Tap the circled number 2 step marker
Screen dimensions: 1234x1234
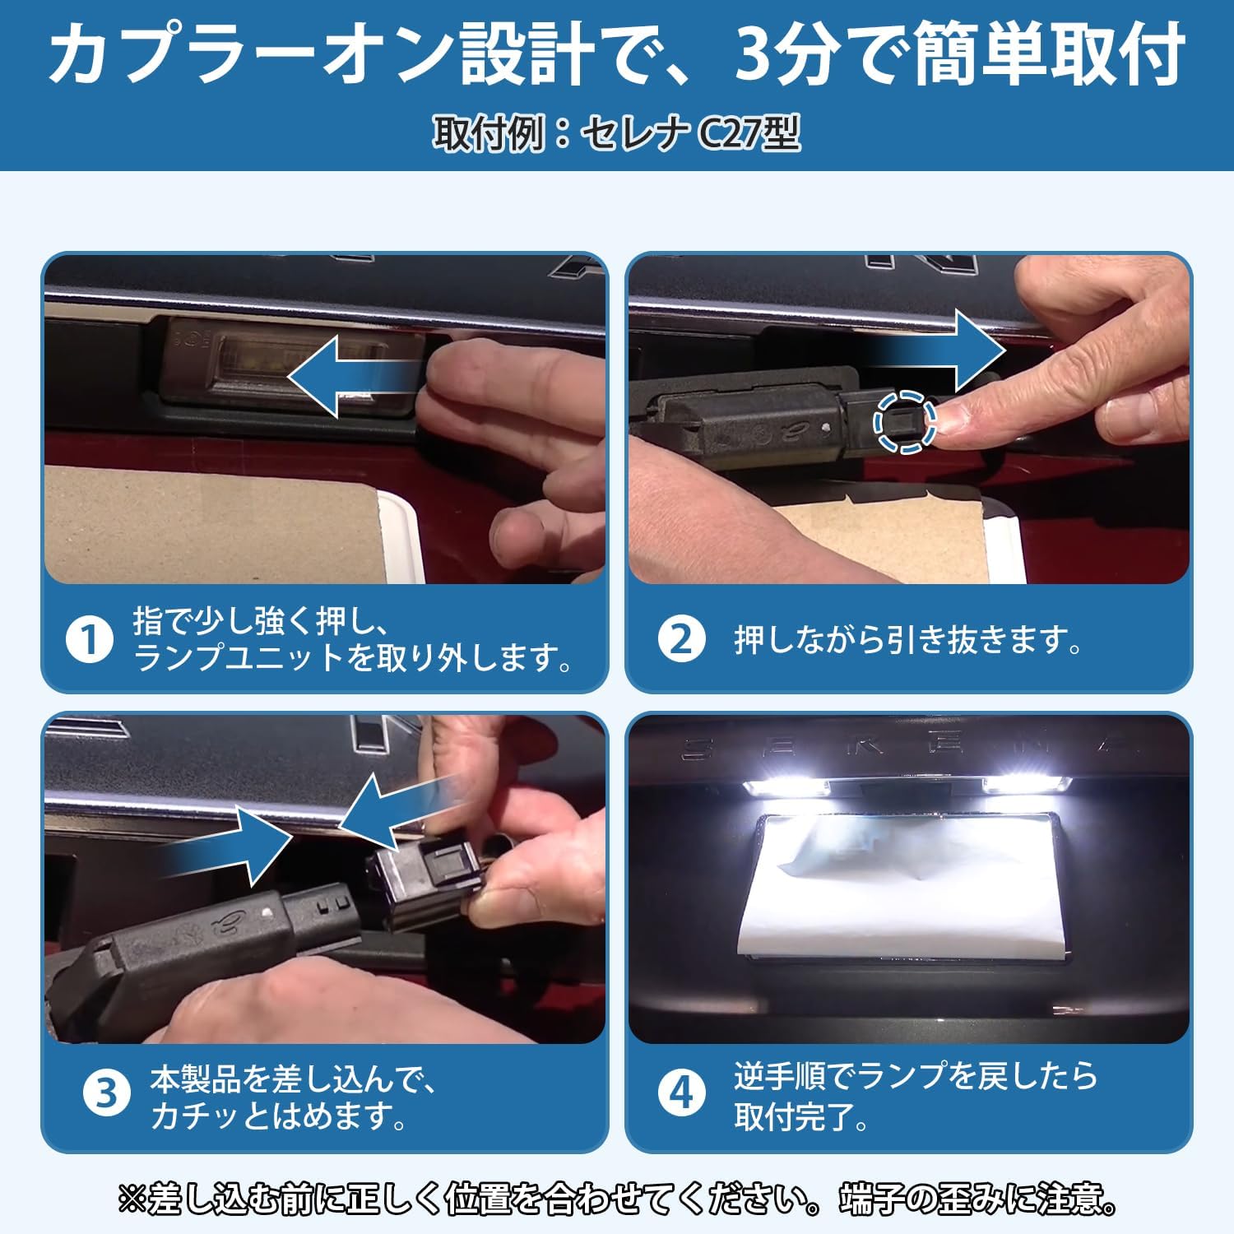point(682,639)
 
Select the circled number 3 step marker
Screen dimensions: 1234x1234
point(107,1095)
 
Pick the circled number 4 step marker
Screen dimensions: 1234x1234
point(682,1095)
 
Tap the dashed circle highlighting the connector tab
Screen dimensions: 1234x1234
point(905,421)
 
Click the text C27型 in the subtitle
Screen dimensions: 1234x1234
point(748,133)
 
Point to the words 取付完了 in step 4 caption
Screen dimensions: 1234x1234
point(791,1117)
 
